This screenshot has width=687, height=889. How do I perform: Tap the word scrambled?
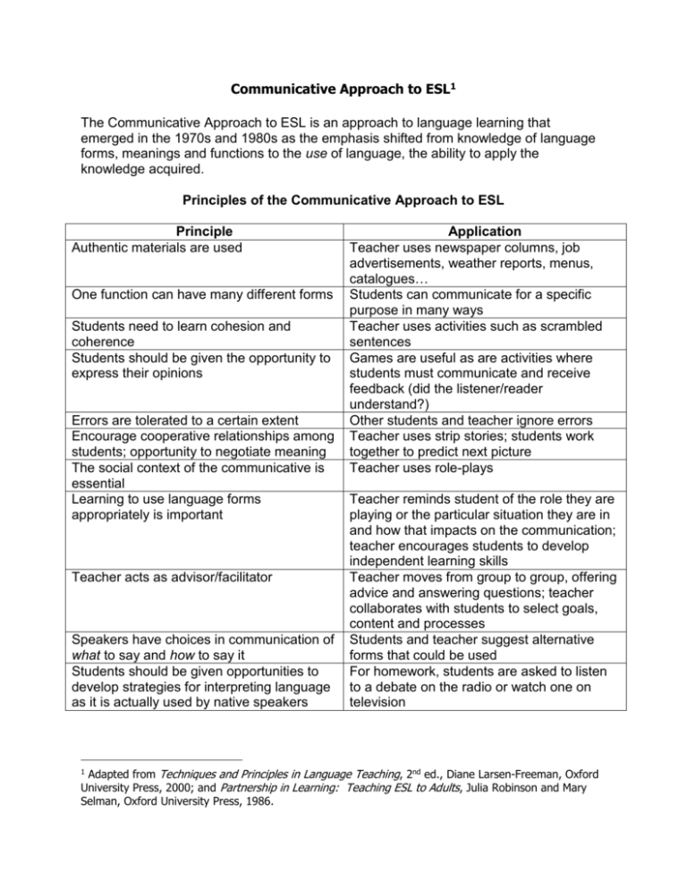561,314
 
